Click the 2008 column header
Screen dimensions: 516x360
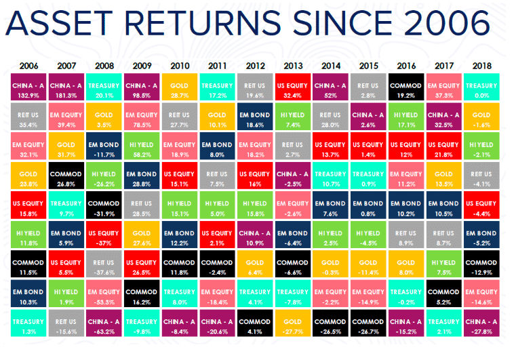click(104, 66)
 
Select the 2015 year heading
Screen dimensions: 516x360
click(369, 66)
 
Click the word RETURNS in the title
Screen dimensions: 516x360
click(202, 23)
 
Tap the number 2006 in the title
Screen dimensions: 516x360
click(447, 23)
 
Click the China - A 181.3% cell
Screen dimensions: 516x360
click(66, 87)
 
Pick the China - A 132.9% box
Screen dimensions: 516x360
click(28, 87)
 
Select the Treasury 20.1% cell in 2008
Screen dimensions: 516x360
click(104, 87)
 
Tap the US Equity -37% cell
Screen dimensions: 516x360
click(104, 235)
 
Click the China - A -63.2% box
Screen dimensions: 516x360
click(104, 323)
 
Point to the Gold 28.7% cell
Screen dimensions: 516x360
click(180, 87)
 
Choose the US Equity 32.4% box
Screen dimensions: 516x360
click(292, 87)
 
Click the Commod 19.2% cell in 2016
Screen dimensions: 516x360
click(406, 87)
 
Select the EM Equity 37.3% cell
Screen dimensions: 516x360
click(444, 87)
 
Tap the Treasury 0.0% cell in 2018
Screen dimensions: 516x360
click(481, 87)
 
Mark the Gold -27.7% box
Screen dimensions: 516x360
click(292, 323)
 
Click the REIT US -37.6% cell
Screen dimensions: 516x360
click(104, 264)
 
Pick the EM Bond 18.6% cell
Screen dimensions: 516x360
click(255, 117)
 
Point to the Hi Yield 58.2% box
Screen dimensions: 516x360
click(142, 146)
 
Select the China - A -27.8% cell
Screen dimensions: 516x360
click(481, 323)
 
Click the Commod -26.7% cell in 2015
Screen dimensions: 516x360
click(368, 323)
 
